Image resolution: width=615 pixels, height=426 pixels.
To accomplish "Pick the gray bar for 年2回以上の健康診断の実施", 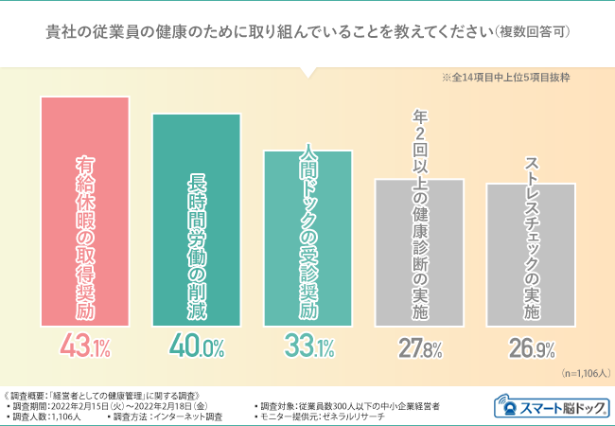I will coord(419,250).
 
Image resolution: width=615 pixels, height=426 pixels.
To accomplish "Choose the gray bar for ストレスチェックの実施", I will coord(531,252).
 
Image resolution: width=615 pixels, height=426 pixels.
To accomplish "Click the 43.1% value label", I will coord(86,346).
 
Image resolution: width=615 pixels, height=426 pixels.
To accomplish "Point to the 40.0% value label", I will coord(197,346).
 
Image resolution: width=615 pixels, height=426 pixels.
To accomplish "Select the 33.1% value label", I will coord(308,346).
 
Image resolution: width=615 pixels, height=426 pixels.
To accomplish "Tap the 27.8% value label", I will coord(419,347).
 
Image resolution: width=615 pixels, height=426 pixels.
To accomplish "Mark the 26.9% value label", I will coord(531,347).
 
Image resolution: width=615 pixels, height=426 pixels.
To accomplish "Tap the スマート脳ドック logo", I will coord(551,407).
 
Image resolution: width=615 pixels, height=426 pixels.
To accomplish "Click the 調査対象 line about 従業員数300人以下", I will coord(347,404).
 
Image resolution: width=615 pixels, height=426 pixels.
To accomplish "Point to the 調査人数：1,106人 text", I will coord(48,416).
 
